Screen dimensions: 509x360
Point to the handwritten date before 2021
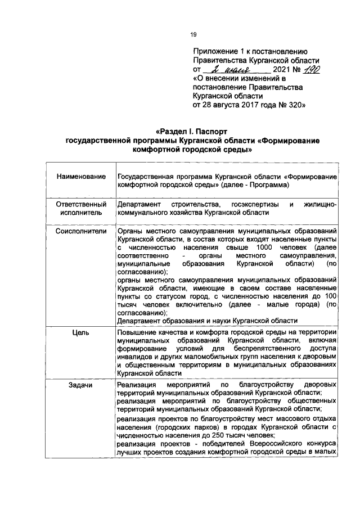pos(231,69)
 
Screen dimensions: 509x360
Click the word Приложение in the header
pos(215,51)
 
